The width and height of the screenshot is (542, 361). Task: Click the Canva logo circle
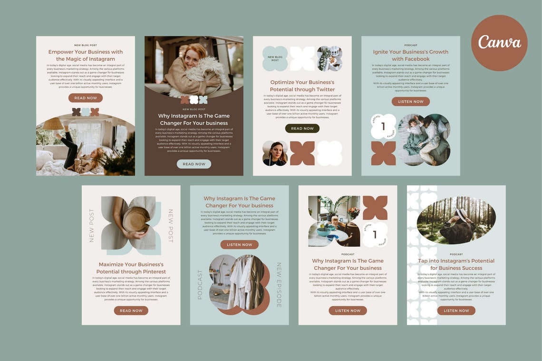click(499, 43)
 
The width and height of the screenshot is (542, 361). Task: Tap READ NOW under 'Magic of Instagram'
click(86, 98)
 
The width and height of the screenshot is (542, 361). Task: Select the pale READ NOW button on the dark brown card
click(194, 164)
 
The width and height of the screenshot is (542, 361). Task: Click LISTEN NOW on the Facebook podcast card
click(411, 102)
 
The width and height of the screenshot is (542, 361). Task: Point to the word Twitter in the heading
click(324, 89)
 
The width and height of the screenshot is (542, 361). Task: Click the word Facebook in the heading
click(417, 59)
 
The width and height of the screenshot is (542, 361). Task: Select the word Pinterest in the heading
click(150, 272)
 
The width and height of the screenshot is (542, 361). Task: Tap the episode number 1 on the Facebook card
click(383, 127)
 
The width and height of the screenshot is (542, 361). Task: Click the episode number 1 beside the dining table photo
click(375, 235)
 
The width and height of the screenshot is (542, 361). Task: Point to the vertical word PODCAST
click(200, 285)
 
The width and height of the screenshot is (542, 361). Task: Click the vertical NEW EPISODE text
click(279, 285)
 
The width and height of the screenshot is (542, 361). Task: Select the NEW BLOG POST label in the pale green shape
click(275, 58)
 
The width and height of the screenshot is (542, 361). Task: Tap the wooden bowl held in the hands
click(135, 220)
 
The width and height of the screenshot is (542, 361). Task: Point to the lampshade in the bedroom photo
click(53, 124)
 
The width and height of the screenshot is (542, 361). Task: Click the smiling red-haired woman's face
click(193, 58)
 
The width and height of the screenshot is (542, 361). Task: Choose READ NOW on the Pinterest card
click(131, 311)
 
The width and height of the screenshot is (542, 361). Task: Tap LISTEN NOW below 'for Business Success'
click(456, 311)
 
